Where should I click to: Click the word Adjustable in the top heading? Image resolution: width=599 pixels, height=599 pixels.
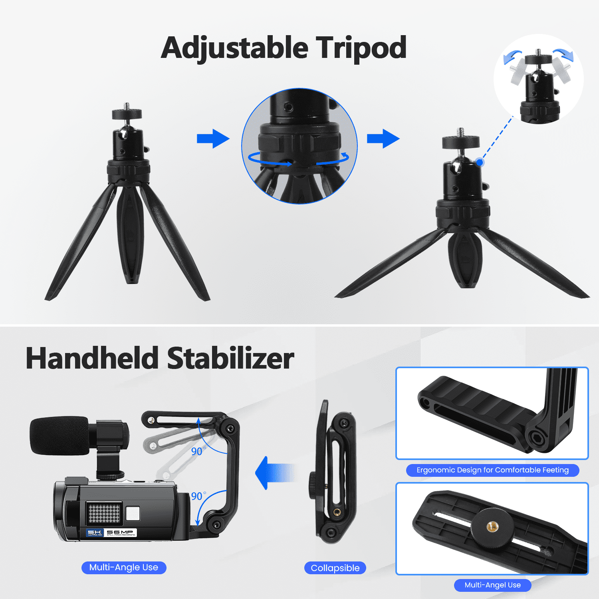tap(235, 48)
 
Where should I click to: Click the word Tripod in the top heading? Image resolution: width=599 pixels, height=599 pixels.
tap(361, 48)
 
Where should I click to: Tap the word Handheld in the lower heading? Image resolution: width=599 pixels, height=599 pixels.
tap(93, 358)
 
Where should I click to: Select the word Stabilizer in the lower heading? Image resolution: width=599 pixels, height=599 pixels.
tap(230, 358)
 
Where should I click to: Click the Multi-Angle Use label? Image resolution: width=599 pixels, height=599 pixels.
tap(124, 567)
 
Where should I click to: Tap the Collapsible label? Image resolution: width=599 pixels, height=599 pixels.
tap(335, 568)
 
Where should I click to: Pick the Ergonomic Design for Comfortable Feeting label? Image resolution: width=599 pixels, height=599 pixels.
tap(492, 470)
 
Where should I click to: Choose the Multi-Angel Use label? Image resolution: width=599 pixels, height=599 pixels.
tap(492, 585)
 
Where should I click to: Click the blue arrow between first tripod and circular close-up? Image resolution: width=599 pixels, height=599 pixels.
tap(213, 139)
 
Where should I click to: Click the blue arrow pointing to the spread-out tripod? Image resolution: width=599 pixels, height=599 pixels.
tap(383, 139)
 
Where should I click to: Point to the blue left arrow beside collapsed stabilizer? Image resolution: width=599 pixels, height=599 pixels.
tap(275, 473)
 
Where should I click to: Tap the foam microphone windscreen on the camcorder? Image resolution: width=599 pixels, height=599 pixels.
tap(60, 436)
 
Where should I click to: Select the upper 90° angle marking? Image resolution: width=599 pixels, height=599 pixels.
tap(198, 451)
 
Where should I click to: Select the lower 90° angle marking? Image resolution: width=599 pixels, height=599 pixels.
tap(198, 496)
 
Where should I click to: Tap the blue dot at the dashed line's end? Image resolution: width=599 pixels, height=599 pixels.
tap(480, 162)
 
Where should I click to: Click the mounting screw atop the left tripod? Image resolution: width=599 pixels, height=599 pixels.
tap(127, 106)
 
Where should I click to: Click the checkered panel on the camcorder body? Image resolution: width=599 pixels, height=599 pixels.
tap(104, 513)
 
